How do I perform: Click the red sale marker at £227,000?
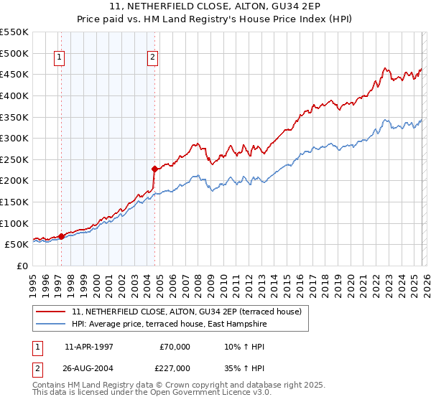coord(154,169)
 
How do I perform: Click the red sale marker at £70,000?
coord(61,235)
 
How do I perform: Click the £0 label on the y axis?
coord(23,266)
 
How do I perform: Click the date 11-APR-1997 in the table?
coord(88,347)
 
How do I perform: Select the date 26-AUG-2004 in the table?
coord(88,368)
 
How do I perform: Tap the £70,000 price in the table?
coord(175,347)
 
